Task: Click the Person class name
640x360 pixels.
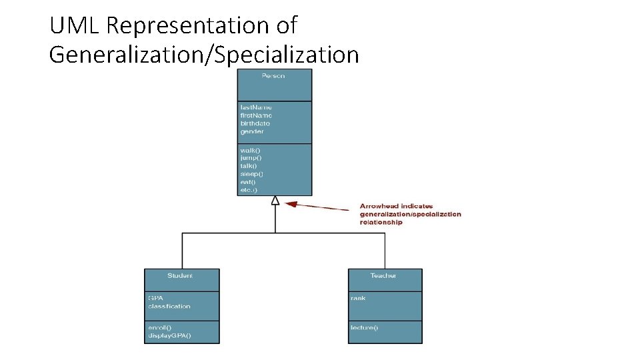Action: tap(273, 76)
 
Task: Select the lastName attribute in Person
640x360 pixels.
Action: tap(256, 107)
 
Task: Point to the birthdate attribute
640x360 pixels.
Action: tap(255, 123)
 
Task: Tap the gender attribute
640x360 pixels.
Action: tap(252, 131)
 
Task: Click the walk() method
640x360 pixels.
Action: tap(251, 150)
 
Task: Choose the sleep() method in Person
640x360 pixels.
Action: tap(252, 174)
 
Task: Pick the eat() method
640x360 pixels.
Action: tap(248, 182)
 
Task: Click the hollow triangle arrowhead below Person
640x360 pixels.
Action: tap(275, 200)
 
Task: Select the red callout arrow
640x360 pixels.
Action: tap(320, 207)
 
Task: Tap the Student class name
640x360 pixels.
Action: tap(180, 276)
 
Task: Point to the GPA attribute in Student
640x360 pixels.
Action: tap(155, 298)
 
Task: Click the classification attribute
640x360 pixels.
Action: tap(169, 306)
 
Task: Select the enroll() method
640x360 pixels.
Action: tap(159, 327)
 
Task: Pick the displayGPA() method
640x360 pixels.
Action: tap(169, 335)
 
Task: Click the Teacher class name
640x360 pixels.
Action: tap(383, 276)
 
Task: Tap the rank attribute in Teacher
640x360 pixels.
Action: tap(358, 298)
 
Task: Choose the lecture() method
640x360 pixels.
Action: tap(364, 327)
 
